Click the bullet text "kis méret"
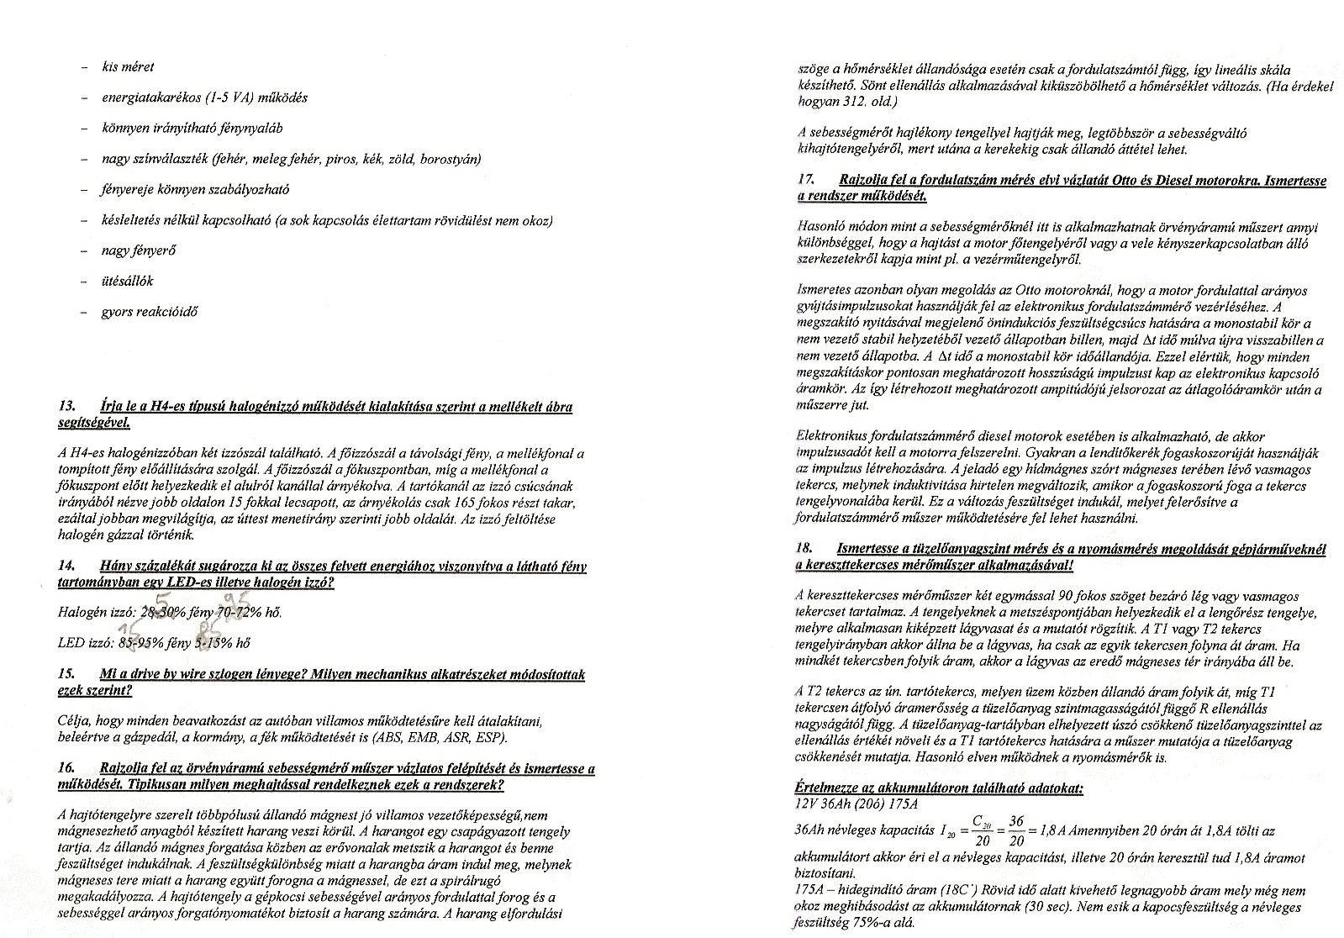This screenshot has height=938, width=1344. coord(128,67)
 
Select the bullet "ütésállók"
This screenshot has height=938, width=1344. coord(128,281)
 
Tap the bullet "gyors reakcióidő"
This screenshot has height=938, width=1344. coord(150,312)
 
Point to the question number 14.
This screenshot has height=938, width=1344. coord(67,566)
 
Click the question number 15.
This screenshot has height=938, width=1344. coord(67,675)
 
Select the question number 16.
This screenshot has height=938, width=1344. coord(67,769)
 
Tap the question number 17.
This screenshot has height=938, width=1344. coord(805,181)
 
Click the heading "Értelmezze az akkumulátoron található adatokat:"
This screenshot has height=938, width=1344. coord(939,788)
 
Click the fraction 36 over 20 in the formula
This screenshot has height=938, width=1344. coord(1016,830)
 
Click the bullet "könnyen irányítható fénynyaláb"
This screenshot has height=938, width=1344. coord(192,129)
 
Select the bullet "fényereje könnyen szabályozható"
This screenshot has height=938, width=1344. coord(195,190)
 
